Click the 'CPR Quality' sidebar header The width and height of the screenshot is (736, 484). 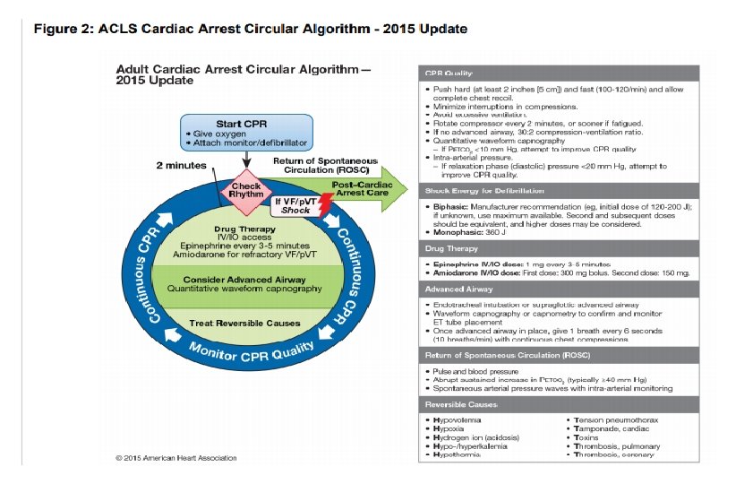click(x=448, y=73)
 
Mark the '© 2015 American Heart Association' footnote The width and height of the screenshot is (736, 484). click(x=176, y=458)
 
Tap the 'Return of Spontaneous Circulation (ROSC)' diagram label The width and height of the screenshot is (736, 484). click(x=325, y=165)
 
